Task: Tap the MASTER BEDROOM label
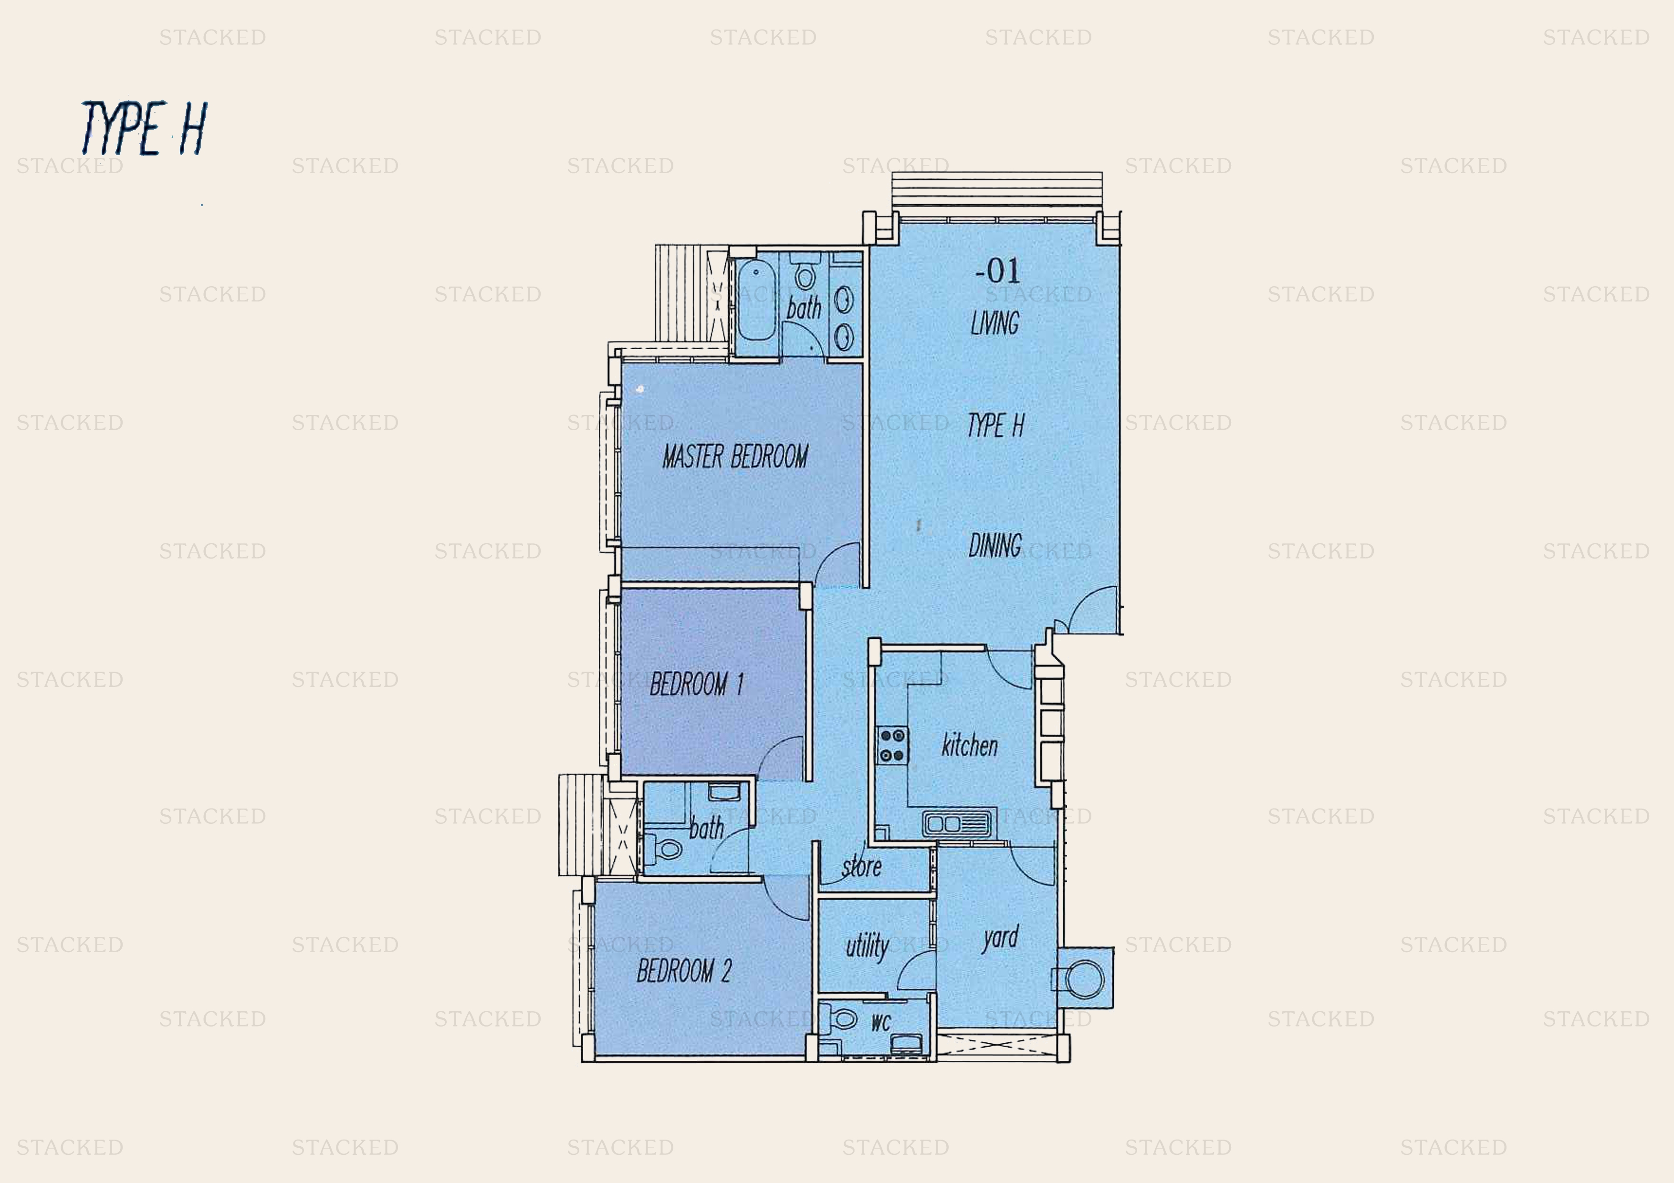coord(735,457)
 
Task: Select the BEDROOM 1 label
coord(696,684)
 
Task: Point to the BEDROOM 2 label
coord(684,970)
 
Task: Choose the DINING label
coord(994,545)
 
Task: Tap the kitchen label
coord(969,745)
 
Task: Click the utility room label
coord(867,946)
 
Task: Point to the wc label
coord(881,1023)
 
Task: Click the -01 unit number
coord(997,270)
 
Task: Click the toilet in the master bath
coord(804,272)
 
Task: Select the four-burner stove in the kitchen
coord(892,745)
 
